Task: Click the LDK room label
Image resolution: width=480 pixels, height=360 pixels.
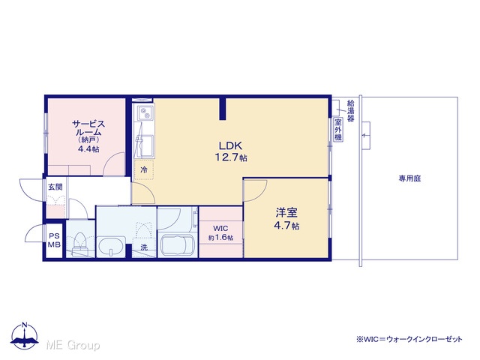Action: point(230,145)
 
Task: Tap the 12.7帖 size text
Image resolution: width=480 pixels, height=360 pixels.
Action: point(231,157)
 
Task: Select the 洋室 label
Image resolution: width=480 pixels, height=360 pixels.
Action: point(286,212)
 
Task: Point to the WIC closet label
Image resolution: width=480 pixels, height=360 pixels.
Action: point(220,228)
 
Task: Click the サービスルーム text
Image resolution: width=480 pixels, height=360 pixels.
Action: point(88,128)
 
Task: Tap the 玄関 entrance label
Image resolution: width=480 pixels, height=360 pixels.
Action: point(55,187)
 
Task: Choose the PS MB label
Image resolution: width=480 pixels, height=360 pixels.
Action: point(54,240)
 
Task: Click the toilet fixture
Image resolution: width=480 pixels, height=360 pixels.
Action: point(79,244)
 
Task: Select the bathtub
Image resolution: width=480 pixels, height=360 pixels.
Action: point(177,245)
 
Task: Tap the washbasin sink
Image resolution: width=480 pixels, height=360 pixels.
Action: point(111,247)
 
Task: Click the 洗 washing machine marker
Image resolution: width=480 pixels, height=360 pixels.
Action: point(144,247)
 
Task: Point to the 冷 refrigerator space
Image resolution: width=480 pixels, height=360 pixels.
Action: point(144,169)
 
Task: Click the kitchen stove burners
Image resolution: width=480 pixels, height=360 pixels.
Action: point(143,112)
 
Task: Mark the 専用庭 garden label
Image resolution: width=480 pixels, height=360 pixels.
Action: point(409,178)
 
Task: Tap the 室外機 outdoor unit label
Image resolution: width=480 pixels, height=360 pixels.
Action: point(338,130)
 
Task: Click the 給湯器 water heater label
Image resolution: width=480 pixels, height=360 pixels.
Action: point(350,110)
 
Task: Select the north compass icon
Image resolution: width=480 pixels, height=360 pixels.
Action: point(25,336)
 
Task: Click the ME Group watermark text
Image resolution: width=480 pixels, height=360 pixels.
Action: point(73,345)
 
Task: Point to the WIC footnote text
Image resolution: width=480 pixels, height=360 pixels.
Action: point(409,339)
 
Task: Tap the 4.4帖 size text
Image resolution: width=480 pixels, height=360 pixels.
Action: point(88,149)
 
